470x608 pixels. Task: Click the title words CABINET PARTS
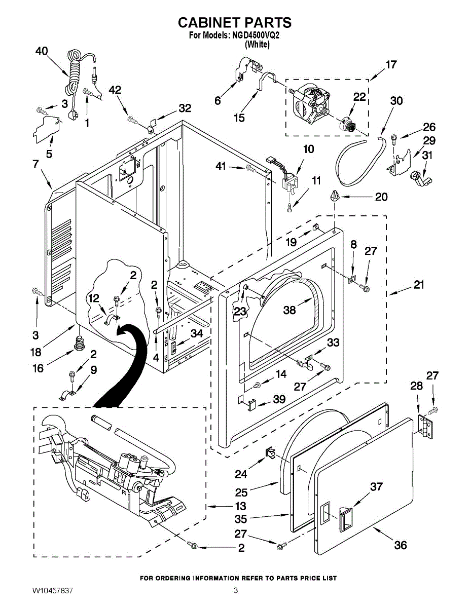(x=235, y=22)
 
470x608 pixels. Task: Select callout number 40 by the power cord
(x=42, y=51)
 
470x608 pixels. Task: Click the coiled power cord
(x=75, y=84)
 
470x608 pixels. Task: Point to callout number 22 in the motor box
(x=359, y=97)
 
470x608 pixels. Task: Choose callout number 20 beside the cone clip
(x=381, y=197)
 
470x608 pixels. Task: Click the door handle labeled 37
(x=346, y=519)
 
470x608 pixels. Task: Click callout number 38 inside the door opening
(x=290, y=310)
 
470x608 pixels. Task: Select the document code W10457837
(x=53, y=590)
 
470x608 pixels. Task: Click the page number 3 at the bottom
(x=235, y=590)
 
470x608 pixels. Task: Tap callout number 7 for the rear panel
(x=35, y=164)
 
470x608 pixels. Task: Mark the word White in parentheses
(x=257, y=44)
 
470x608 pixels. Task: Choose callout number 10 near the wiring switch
(x=308, y=149)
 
